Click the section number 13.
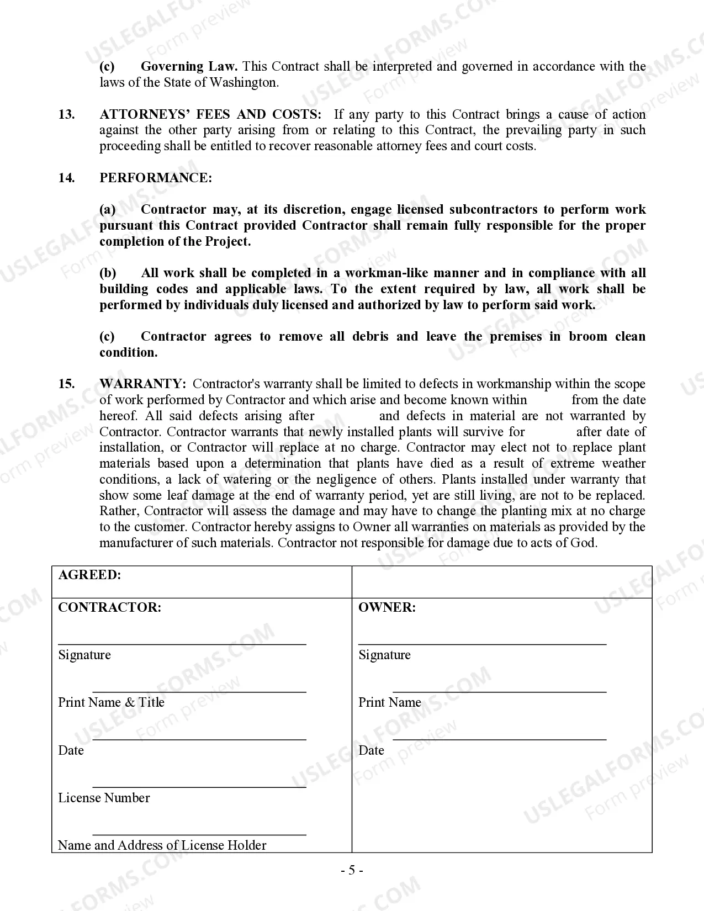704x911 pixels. point(66,114)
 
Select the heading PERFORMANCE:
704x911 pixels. point(155,178)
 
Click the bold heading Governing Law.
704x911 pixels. point(189,67)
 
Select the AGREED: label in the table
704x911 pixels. point(89,575)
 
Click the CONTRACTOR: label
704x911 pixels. point(109,607)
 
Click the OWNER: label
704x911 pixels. point(387,607)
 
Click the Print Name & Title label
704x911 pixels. point(111,702)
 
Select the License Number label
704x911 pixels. point(104,798)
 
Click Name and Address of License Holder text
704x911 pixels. point(162,845)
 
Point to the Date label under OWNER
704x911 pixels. point(371,750)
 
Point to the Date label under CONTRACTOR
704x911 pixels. point(71,750)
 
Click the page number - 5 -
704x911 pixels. point(352,871)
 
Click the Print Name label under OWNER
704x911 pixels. point(389,702)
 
